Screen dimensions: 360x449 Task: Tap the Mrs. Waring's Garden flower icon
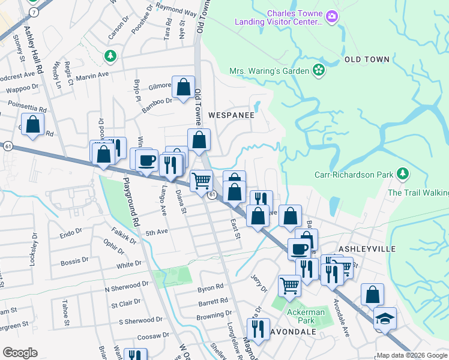pos(319,71)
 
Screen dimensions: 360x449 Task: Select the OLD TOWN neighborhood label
pos(367,59)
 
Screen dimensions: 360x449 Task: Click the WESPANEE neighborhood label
pos(231,114)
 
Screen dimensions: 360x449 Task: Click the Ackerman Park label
pos(306,316)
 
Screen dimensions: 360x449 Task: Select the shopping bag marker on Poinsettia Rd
pos(34,124)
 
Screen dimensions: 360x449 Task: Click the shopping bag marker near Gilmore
pos(183,87)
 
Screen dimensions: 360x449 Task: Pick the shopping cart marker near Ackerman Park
pos(289,286)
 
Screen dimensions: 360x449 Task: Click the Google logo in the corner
pos(20,353)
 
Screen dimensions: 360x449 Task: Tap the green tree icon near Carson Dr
pos(110,56)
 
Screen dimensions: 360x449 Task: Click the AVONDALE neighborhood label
pos(292,332)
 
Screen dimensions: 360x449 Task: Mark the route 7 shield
pos(34,12)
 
